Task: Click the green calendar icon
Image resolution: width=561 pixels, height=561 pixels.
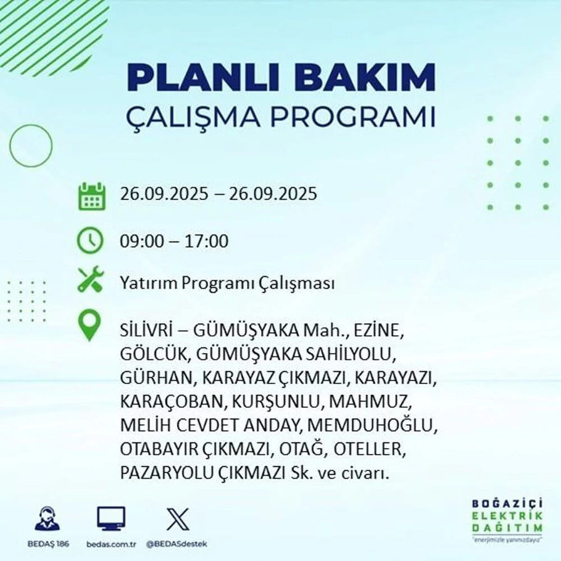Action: pyautogui.click(x=91, y=196)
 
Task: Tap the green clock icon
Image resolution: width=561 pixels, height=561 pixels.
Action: pyautogui.click(x=91, y=240)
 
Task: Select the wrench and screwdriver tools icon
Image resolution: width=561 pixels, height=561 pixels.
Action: pyautogui.click(x=91, y=280)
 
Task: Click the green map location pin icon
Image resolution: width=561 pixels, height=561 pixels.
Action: pyautogui.click(x=91, y=326)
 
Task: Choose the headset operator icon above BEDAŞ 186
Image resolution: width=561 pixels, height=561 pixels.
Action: pyautogui.click(x=47, y=520)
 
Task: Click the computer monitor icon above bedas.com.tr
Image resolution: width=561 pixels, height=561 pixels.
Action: pyautogui.click(x=110, y=518)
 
